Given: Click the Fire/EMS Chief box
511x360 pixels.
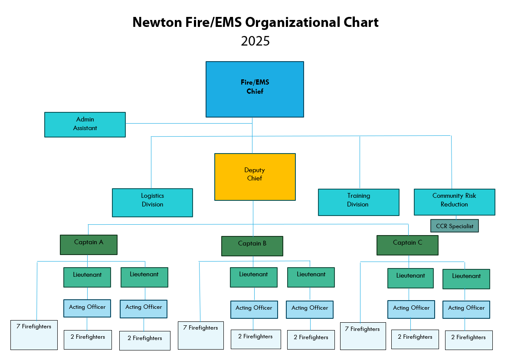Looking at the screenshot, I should click(255, 89).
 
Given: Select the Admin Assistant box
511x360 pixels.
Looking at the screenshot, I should click(85, 124).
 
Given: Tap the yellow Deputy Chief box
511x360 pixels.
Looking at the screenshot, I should click(255, 177).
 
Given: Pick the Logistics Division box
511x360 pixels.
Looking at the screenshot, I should click(152, 202).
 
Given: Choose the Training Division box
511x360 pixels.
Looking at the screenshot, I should click(358, 202).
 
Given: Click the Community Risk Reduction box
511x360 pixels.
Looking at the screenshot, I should click(454, 202).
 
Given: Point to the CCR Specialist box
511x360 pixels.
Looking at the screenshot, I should click(454, 226).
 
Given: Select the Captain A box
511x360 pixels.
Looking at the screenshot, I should click(88, 245).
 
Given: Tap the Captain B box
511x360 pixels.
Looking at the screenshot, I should click(252, 246).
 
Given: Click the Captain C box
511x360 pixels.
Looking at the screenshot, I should click(407, 245).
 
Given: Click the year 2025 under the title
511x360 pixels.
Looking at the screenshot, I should click(255, 41).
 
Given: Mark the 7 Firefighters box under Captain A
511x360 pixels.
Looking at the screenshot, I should click(34, 335).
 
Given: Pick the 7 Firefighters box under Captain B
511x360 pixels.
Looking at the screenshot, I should click(200, 335).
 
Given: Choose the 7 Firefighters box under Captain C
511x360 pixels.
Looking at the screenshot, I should click(363, 336).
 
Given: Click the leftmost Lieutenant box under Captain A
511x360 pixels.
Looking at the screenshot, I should click(87, 277).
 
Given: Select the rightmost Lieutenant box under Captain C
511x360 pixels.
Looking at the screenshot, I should click(466, 279).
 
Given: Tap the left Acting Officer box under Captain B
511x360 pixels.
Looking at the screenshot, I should click(254, 310).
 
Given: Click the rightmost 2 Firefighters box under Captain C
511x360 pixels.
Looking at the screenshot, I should click(468, 340).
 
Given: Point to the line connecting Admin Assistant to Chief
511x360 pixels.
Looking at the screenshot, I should click(189, 124).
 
